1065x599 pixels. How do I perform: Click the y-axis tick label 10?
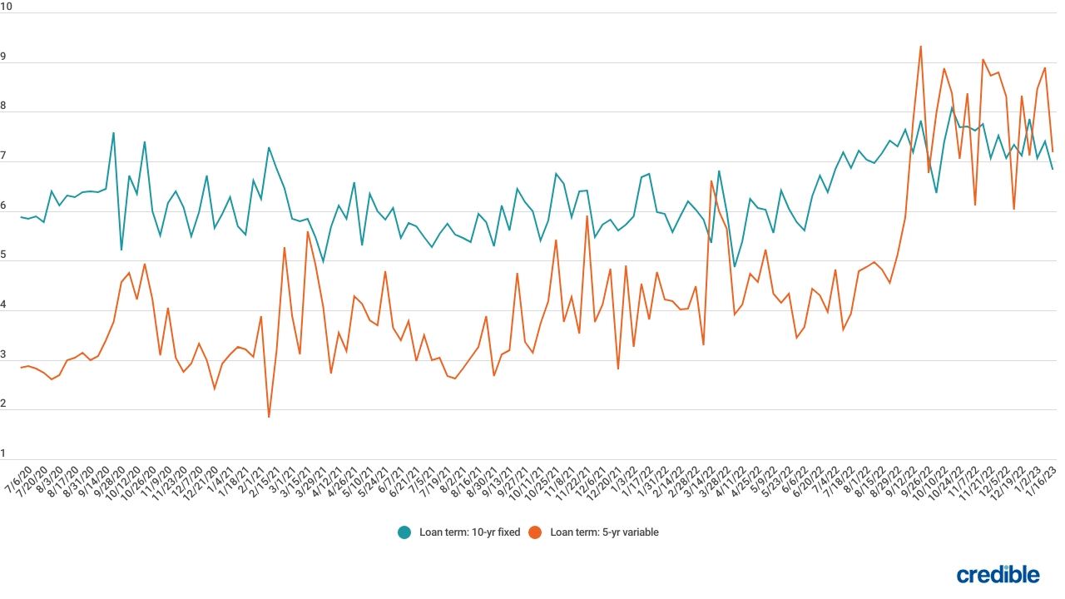click(7, 6)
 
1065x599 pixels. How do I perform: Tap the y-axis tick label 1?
click(4, 453)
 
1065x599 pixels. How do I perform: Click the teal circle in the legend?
click(404, 532)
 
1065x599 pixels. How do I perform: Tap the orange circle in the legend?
click(536, 532)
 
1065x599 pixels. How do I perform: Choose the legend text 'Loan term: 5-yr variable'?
click(604, 532)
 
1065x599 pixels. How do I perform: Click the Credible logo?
click(998, 574)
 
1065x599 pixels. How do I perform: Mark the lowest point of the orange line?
click(269, 417)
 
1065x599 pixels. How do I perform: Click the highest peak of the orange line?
click(920, 47)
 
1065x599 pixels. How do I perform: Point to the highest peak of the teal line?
click(952, 107)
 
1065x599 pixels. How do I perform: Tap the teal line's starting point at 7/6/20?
click(21, 217)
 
